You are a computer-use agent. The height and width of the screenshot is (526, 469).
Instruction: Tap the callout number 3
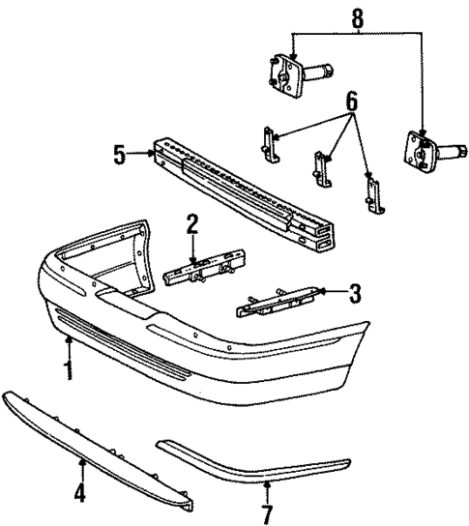(x=355, y=291)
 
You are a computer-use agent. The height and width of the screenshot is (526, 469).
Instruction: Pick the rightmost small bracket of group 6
(x=369, y=192)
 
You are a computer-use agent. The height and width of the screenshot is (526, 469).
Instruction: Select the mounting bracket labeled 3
(x=276, y=302)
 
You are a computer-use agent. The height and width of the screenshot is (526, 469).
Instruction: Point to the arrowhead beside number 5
(x=151, y=153)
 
